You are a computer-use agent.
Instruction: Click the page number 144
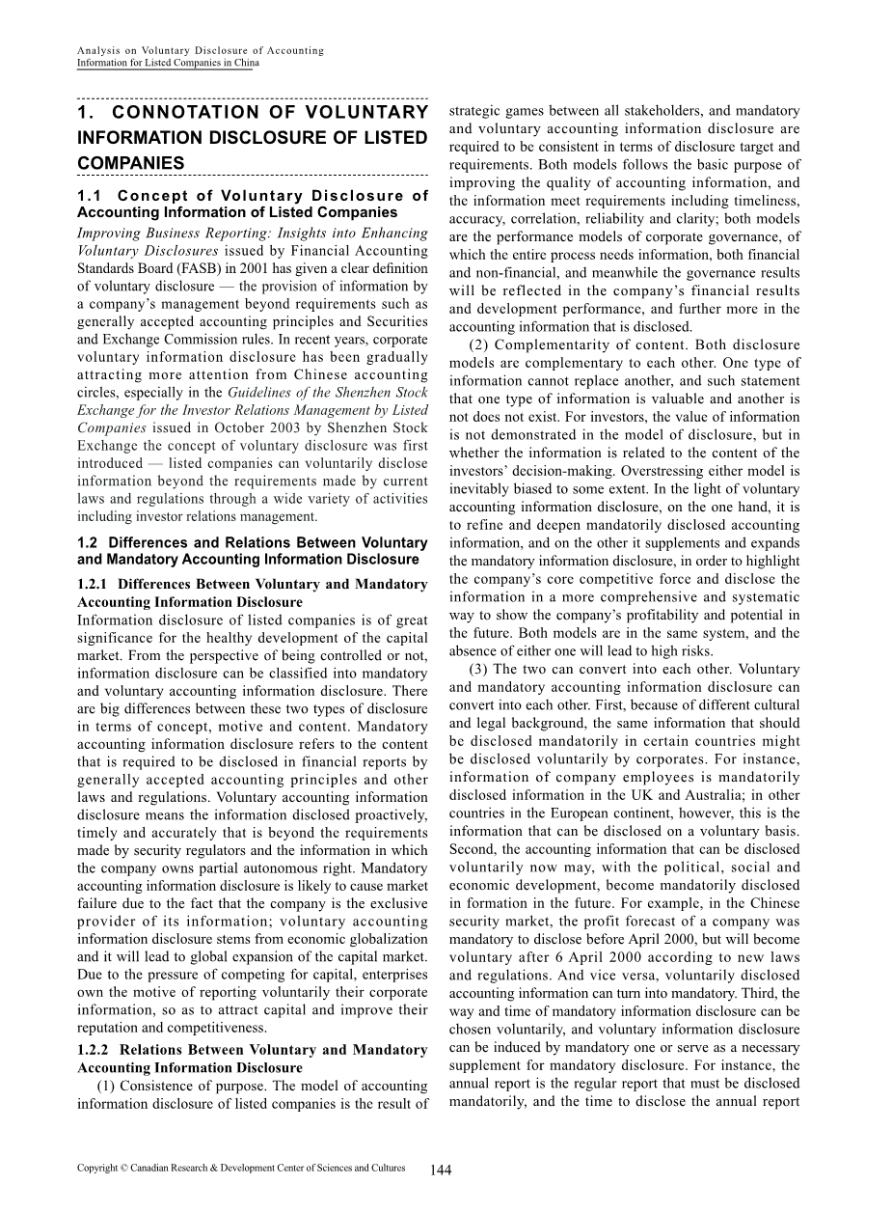coord(441,1170)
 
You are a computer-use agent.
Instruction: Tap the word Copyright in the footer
coord(97,1168)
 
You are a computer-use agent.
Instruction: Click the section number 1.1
coord(91,196)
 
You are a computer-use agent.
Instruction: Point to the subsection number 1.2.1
coord(95,584)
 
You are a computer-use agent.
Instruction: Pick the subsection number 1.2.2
coord(95,1050)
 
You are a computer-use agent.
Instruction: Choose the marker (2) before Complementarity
coord(482,344)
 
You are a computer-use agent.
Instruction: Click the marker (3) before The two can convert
coord(482,669)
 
